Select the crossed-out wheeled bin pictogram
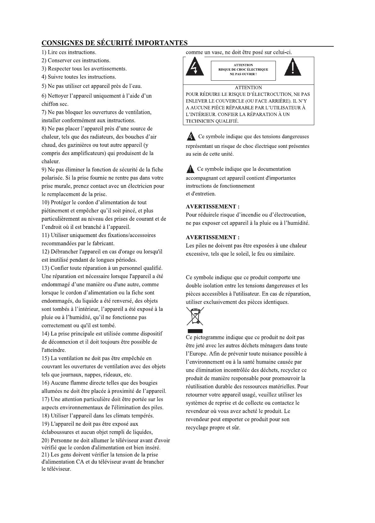pyautogui.click(x=195, y=317)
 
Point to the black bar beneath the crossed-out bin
pyautogui.click(x=195, y=331)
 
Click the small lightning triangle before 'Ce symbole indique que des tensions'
pyautogui.click(x=191, y=137)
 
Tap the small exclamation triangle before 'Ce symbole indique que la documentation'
pyautogui.click(x=190, y=170)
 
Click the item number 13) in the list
pyautogui.click(x=45, y=268)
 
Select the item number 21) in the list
pyautogui.click(x=45, y=455)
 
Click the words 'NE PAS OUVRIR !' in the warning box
pyautogui.click(x=243, y=74)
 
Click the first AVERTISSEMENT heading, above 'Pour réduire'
pyautogui.click(x=213, y=207)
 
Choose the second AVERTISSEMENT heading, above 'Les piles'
pyautogui.click(x=213, y=238)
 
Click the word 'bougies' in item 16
pyautogui.click(x=148, y=383)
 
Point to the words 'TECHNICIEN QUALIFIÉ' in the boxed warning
pyautogui.click(x=212, y=121)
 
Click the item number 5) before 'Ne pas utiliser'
pyautogui.click(x=44, y=86)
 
